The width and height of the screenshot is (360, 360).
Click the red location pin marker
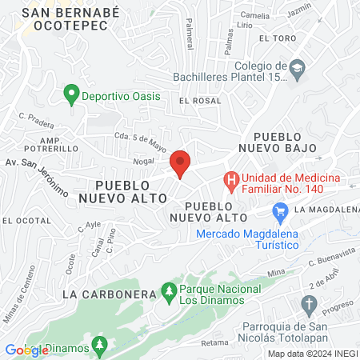[181, 163]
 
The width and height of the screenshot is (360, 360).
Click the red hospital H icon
[231, 181]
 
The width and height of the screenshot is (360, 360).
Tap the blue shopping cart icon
[280, 212]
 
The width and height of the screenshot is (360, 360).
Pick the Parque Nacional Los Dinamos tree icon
[168, 293]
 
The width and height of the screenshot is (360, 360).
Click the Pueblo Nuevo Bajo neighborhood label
[285, 142]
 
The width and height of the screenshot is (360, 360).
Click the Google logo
[27, 350]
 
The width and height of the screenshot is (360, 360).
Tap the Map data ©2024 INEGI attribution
[312, 354]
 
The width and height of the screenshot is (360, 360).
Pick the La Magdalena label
[326, 210]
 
